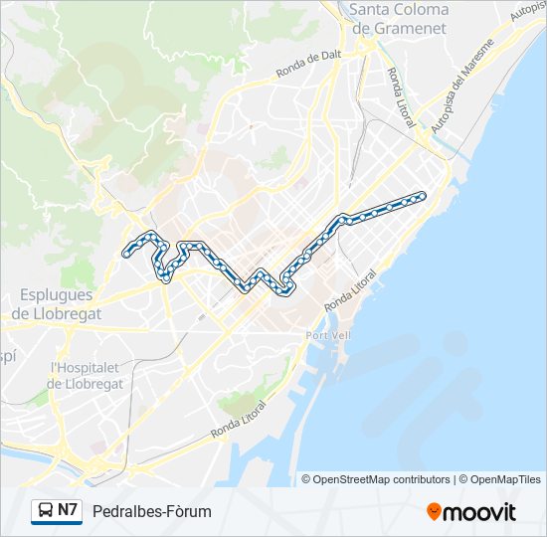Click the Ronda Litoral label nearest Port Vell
[350, 289]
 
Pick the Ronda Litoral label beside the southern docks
[240, 422]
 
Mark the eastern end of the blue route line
[423, 196]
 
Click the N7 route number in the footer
[68, 511]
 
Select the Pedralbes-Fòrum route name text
[151, 511]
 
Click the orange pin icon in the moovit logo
[434, 512]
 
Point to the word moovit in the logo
[479, 512]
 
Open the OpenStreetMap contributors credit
[382, 479]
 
